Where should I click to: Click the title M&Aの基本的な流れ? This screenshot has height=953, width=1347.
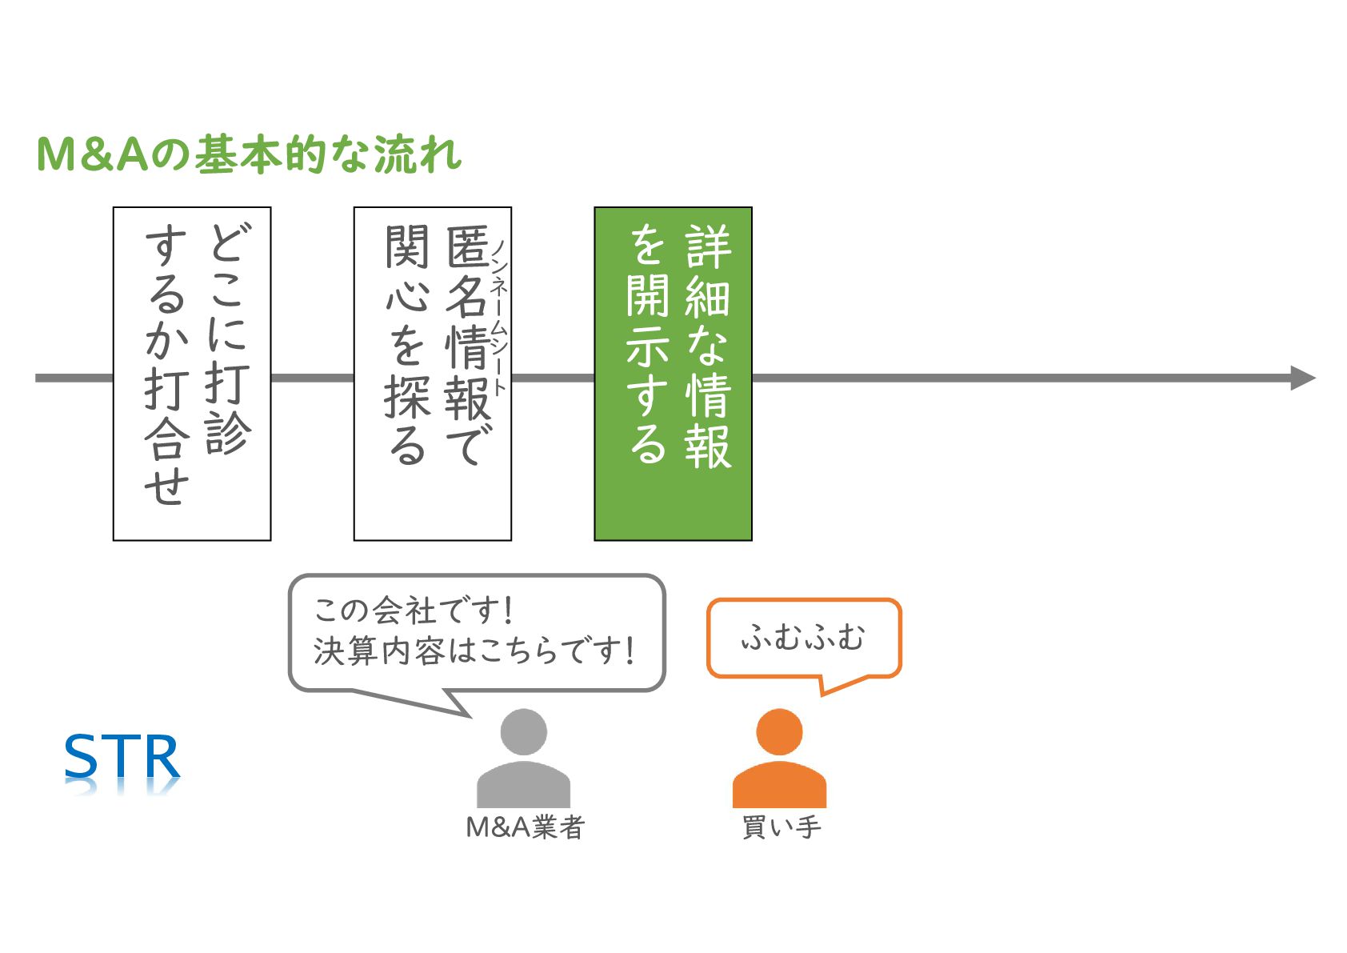click(249, 154)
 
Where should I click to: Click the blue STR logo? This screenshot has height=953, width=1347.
click(122, 758)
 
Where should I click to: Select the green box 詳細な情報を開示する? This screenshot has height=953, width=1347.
click(673, 374)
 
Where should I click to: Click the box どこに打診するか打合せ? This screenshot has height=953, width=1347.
click(192, 374)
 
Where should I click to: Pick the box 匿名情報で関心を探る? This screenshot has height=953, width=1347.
click(433, 374)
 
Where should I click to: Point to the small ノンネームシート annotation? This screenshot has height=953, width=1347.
click(499, 317)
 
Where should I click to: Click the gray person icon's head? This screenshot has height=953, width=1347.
click(523, 732)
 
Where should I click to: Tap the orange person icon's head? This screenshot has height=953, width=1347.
click(779, 732)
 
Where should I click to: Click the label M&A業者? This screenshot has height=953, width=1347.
click(526, 827)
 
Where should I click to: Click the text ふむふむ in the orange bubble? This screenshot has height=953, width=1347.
click(803, 638)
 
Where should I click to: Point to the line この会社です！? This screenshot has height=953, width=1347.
click(413, 611)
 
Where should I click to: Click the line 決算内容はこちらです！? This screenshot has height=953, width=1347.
click(474, 651)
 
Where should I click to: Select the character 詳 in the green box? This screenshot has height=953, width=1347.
click(708, 247)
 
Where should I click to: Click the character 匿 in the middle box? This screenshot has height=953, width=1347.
click(468, 247)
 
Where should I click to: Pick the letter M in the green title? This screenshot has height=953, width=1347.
click(56, 154)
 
